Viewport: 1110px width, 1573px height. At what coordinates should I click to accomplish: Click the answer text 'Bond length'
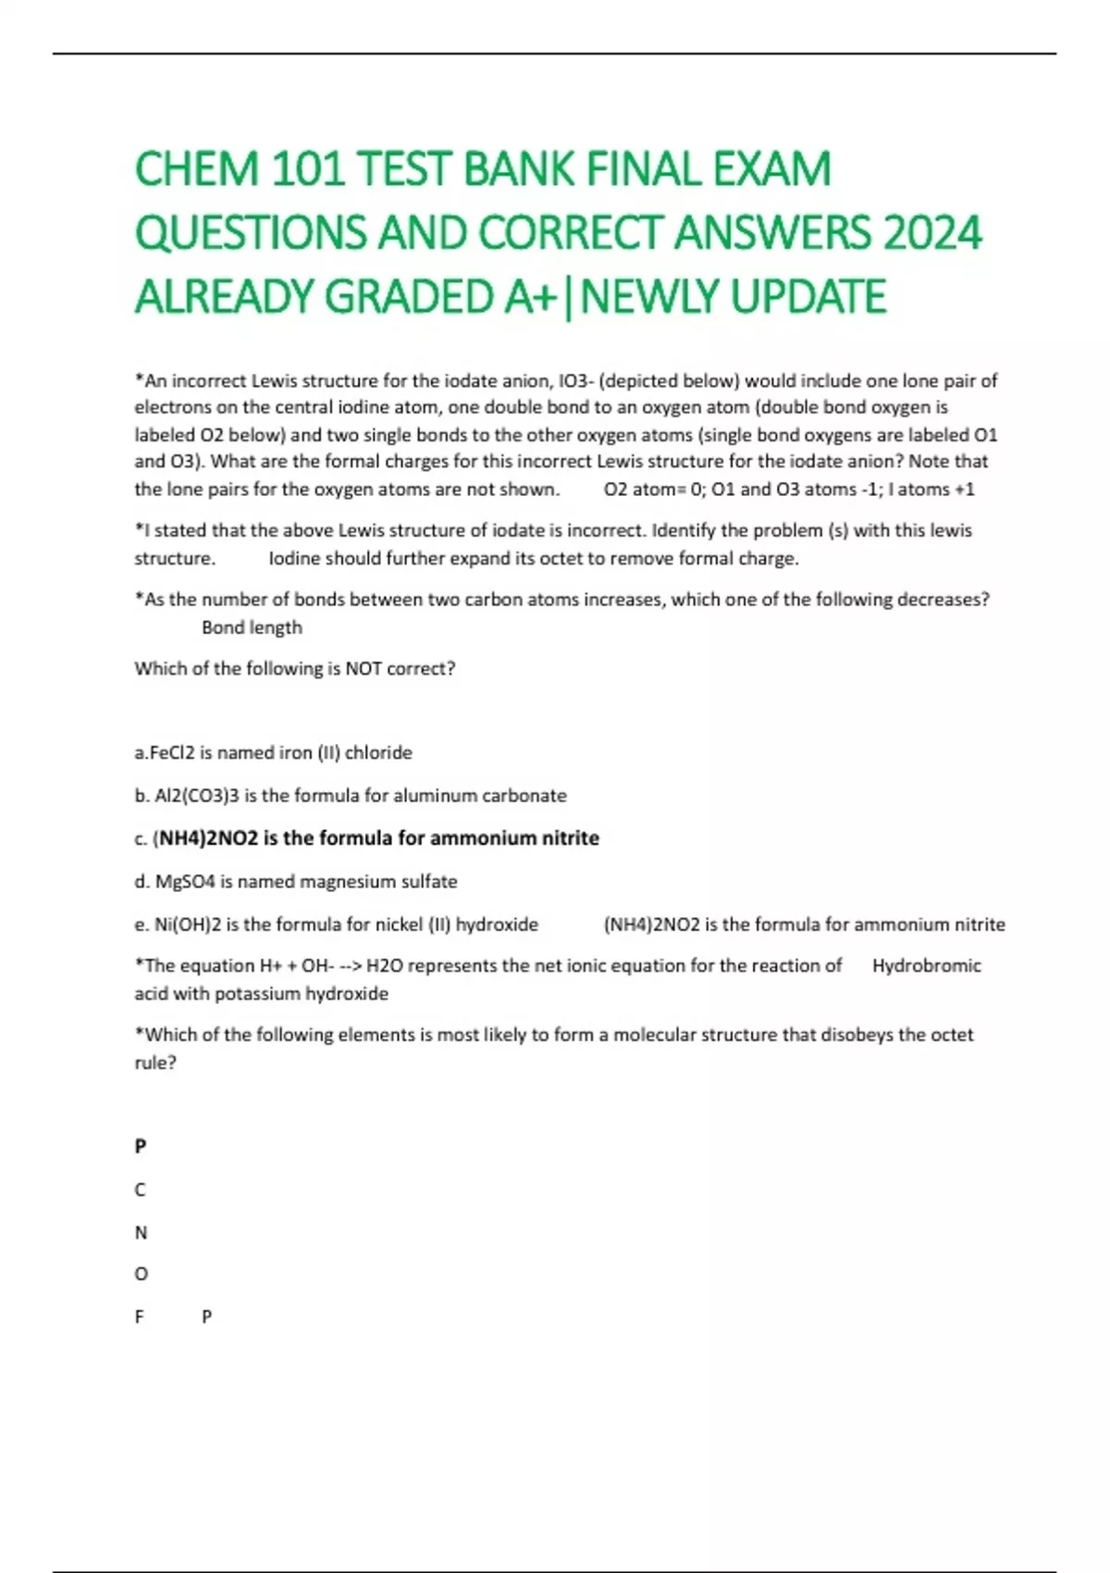pos(252,627)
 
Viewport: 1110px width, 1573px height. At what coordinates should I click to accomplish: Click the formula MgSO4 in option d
pos(185,882)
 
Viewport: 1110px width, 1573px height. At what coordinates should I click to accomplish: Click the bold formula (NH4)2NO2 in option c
pos(204,838)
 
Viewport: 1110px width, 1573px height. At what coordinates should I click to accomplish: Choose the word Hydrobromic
pos(926,966)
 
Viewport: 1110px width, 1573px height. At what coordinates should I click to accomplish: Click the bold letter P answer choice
pos(141,1146)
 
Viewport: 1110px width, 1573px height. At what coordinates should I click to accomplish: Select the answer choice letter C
pos(141,1190)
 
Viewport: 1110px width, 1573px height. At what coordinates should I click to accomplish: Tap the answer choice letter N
pos(141,1232)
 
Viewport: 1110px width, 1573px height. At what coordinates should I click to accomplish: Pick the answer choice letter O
pos(141,1274)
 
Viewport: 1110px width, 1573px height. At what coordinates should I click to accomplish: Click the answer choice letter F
pos(140,1317)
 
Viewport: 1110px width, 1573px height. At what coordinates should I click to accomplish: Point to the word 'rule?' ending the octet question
pos(155,1063)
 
